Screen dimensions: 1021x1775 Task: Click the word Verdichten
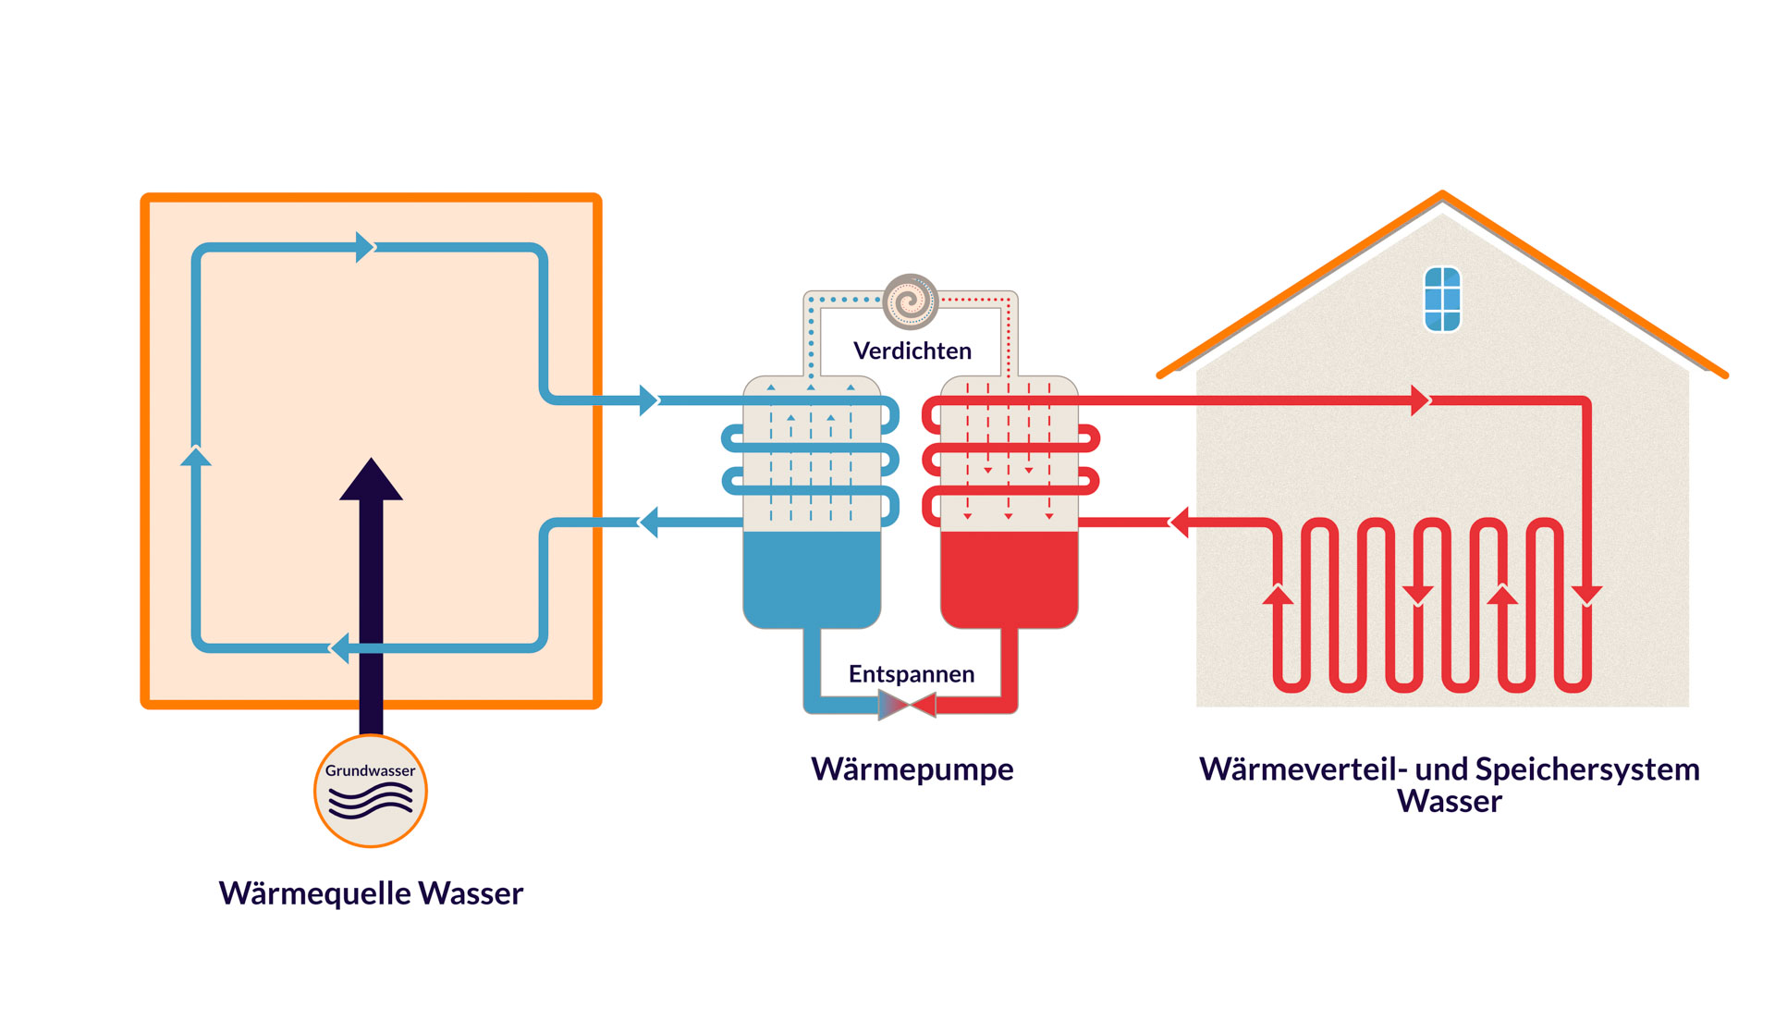tap(912, 351)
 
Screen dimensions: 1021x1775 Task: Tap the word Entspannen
tap(911, 674)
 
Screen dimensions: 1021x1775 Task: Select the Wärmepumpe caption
tap(912, 769)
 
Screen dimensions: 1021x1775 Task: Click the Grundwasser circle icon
tap(371, 792)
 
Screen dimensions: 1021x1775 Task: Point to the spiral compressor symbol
tap(911, 301)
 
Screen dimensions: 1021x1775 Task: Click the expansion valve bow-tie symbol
tap(907, 706)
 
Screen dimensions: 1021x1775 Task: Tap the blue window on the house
tap(1442, 299)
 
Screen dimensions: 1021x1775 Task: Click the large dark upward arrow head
tap(371, 481)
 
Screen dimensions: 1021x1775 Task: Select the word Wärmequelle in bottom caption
tap(314, 893)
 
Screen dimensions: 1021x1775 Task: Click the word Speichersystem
tap(1586, 769)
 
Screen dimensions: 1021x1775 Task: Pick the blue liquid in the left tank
tap(812, 578)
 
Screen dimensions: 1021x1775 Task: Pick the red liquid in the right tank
tap(1009, 578)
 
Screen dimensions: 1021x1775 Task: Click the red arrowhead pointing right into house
tap(1420, 400)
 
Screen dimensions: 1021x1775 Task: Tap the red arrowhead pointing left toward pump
tap(1180, 523)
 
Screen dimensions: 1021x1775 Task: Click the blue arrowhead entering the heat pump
tap(648, 400)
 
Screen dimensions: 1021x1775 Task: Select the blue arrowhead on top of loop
tap(364, 248)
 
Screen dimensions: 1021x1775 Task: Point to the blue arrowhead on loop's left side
tap(196, 457)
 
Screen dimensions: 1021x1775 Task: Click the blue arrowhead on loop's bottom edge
tap(340, 647)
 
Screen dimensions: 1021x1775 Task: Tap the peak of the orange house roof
tap(1442, 194)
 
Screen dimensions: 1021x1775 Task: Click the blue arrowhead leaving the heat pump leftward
tap(649, 523)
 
